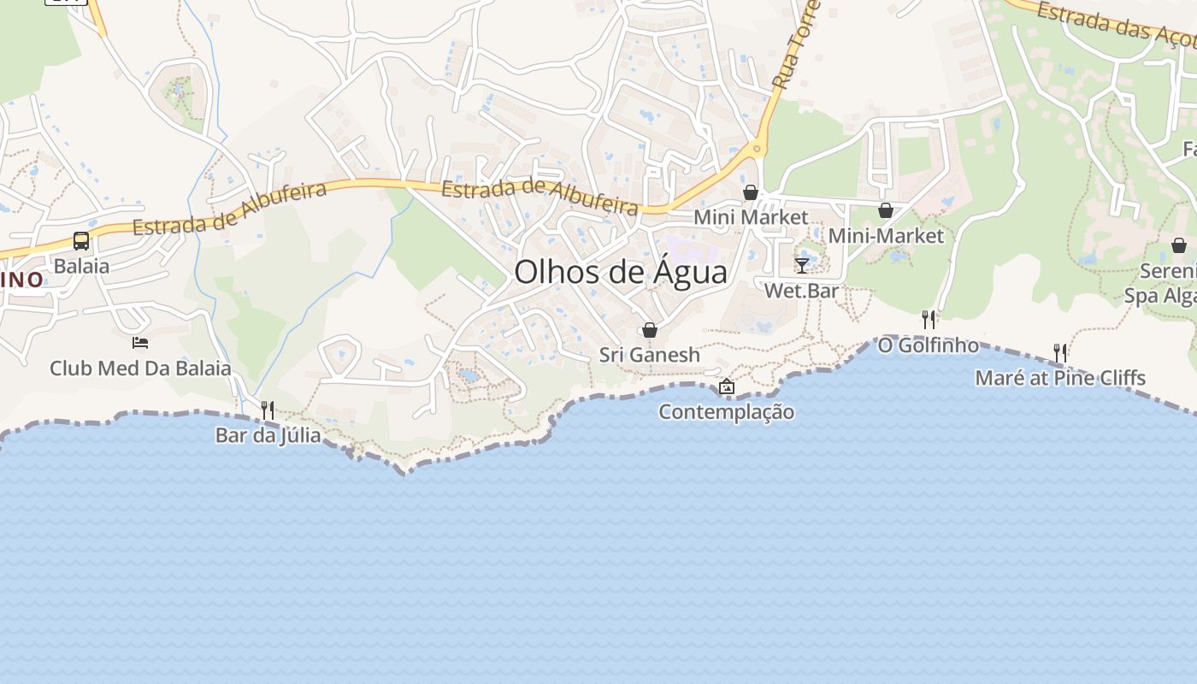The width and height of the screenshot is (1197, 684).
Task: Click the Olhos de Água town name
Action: click(x=621, y=272)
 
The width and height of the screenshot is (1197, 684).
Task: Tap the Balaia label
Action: click(x=81, y=266)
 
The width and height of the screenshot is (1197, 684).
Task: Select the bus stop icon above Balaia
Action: click(x=81, y=241)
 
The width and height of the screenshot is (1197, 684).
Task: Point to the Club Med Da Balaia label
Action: click(x=140, y=369)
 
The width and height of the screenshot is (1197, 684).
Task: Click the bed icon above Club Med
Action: click(x=140, y=343)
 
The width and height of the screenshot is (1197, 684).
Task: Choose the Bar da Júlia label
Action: click(x=268, y=435)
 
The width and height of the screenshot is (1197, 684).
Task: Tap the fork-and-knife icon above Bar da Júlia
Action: click(x=268, y=410)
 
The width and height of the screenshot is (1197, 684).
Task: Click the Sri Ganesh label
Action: click(x=649, y=355)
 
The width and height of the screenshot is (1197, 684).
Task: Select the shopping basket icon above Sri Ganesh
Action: click(x=650, y=330)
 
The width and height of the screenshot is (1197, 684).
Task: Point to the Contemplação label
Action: click(x=726, y=412)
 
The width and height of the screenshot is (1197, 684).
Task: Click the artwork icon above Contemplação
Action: click(x=726, y=386)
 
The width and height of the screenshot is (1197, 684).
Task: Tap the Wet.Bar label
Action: click(x=801, y=291)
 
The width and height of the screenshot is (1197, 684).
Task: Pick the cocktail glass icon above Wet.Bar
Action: click(x=802, y=265)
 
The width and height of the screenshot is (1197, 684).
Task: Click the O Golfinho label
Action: click(x=928, y=345)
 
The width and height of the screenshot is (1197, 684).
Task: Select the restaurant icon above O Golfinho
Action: click(x=929, y=320)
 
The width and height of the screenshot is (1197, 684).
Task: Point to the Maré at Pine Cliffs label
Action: click(x=1060, y=378)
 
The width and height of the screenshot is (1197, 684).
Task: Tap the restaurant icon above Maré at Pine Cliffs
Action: click(x=1060, y=353)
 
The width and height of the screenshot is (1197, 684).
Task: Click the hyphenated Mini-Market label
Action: click(x=886, y=235)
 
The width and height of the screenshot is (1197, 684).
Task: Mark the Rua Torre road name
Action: click(x=796, y=47)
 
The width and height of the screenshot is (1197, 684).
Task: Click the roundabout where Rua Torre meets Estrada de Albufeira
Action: click(x=757, y=150)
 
